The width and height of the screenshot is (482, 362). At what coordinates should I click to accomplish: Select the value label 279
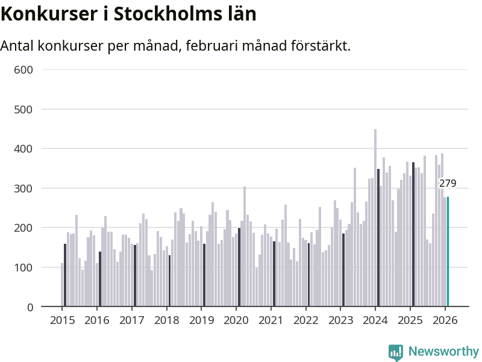[x=448, y=183]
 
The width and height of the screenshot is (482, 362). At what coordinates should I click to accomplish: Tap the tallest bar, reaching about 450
[x=375, y=218]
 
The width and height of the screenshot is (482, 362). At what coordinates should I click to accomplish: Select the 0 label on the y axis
[x=28, y=307]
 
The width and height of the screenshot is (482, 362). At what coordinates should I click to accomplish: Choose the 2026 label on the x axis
[x=445, y=320]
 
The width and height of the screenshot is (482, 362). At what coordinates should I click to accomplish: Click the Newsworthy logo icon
[x=396, y=352]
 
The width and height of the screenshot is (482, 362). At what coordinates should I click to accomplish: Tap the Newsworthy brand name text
[x=443, y=352]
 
